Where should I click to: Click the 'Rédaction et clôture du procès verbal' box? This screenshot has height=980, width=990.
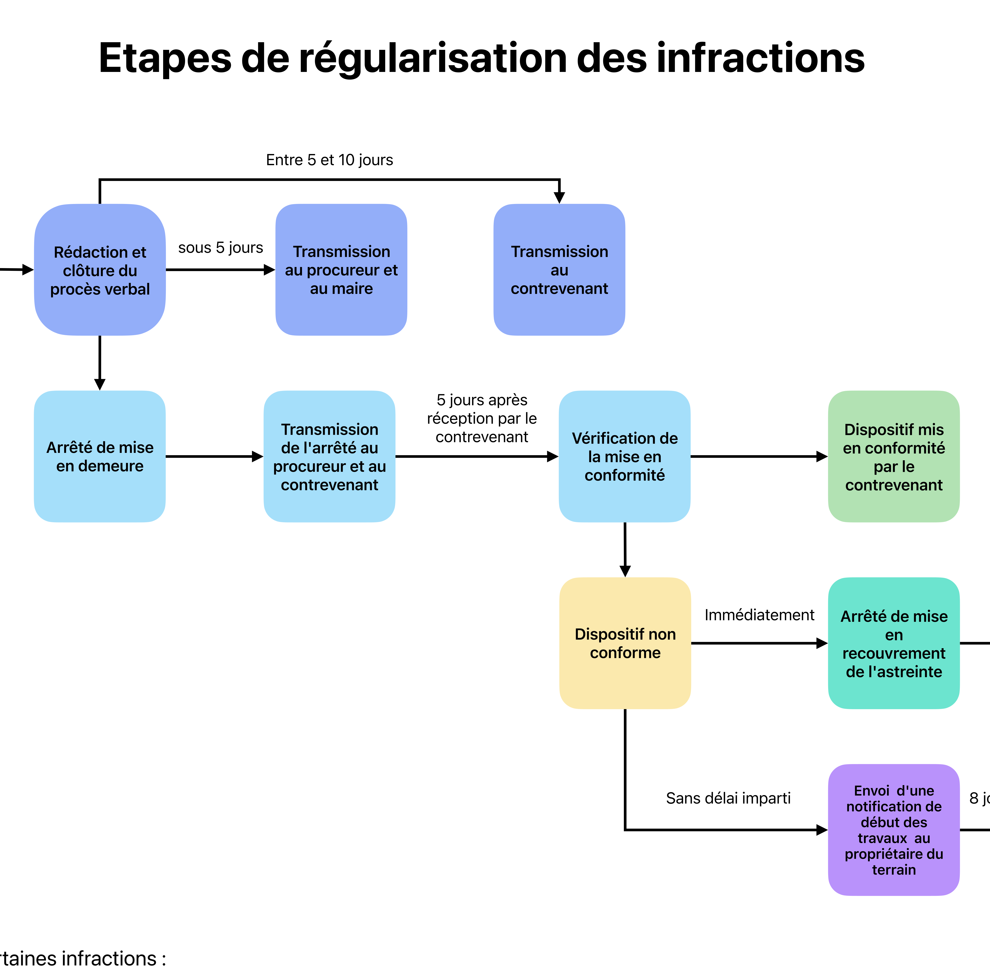coord(100,270)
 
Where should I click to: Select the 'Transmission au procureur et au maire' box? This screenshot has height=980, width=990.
coord(341,270)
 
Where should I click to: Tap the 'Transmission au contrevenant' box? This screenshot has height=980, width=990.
coord(559,270)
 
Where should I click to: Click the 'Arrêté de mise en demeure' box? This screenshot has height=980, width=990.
coord(100,456)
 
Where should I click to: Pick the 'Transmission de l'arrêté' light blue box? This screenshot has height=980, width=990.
coord(329,456)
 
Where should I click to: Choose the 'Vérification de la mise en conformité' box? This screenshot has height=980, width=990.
coord(625,456)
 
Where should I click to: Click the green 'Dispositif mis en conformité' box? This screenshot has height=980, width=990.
coord(894,456)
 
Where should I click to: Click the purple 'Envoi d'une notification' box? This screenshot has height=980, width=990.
coord(894,830)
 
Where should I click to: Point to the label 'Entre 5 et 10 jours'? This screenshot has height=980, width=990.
coord(329,160)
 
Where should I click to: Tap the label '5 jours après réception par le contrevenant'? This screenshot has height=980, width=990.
coord(482,418)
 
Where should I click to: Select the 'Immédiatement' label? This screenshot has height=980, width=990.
coord(759,615)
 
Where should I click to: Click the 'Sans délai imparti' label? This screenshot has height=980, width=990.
coord(728,798)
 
